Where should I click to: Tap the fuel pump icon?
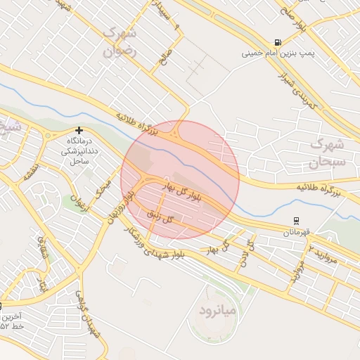click(279, 41)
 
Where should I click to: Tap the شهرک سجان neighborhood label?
click(328, 154)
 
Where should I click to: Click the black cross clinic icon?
click(79, 130)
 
